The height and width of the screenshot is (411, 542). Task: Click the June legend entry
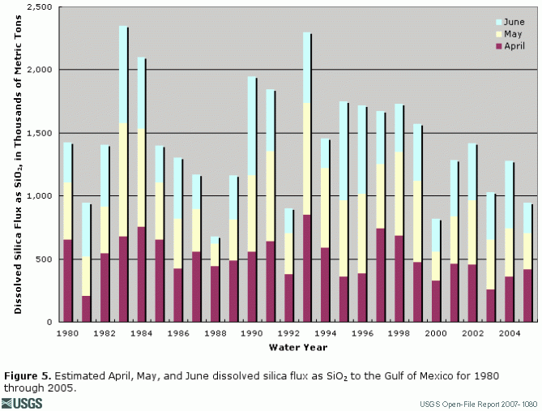(x=508, y=22)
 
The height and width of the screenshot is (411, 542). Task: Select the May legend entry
(x=508, y=34)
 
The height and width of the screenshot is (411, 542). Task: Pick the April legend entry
(x=508, y=46)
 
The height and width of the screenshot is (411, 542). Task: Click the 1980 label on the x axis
(x=67, y=332)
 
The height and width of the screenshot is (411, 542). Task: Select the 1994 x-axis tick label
(x=325, y=332)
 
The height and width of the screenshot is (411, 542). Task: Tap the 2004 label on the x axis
(x=509, y=332)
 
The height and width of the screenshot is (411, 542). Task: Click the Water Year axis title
(x=297, y=348)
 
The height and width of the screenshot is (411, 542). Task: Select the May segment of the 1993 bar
(x=307, y=159)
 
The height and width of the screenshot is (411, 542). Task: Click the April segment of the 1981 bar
(x=86, y=309)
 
